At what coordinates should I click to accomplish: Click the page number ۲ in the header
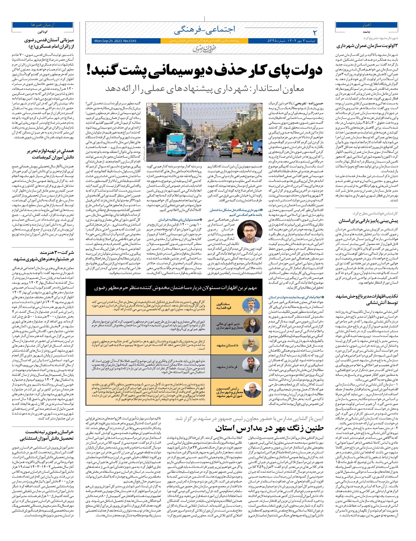pos(314,33)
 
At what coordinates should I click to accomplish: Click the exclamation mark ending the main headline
pos(89,70)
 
